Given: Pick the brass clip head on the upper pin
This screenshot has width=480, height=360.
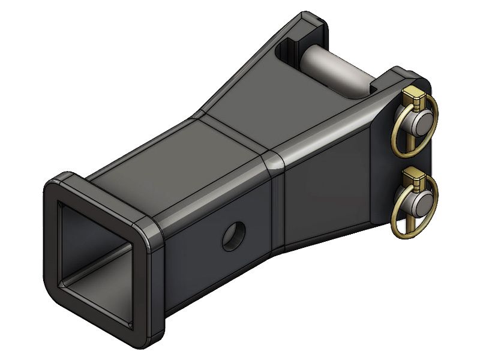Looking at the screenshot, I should click(x=412, y=94).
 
